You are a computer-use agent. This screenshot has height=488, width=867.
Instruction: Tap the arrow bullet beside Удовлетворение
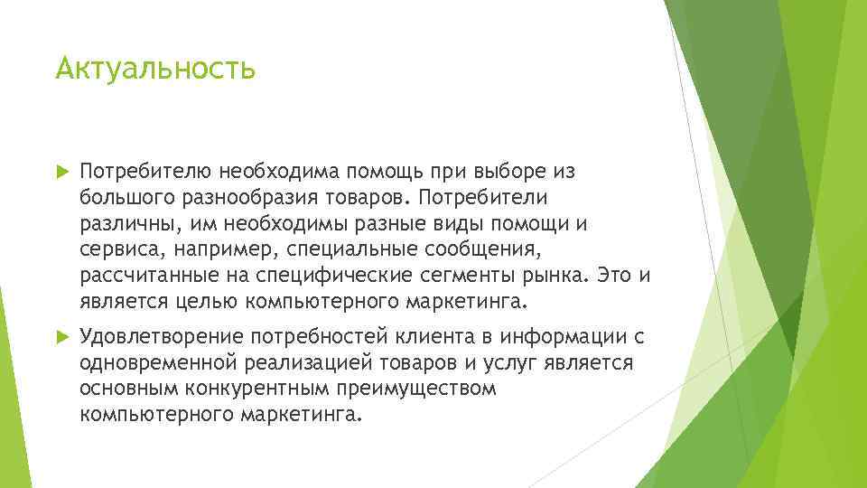[x=62, y=337]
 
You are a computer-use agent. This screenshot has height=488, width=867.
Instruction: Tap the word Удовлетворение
[x=162, y=337]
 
